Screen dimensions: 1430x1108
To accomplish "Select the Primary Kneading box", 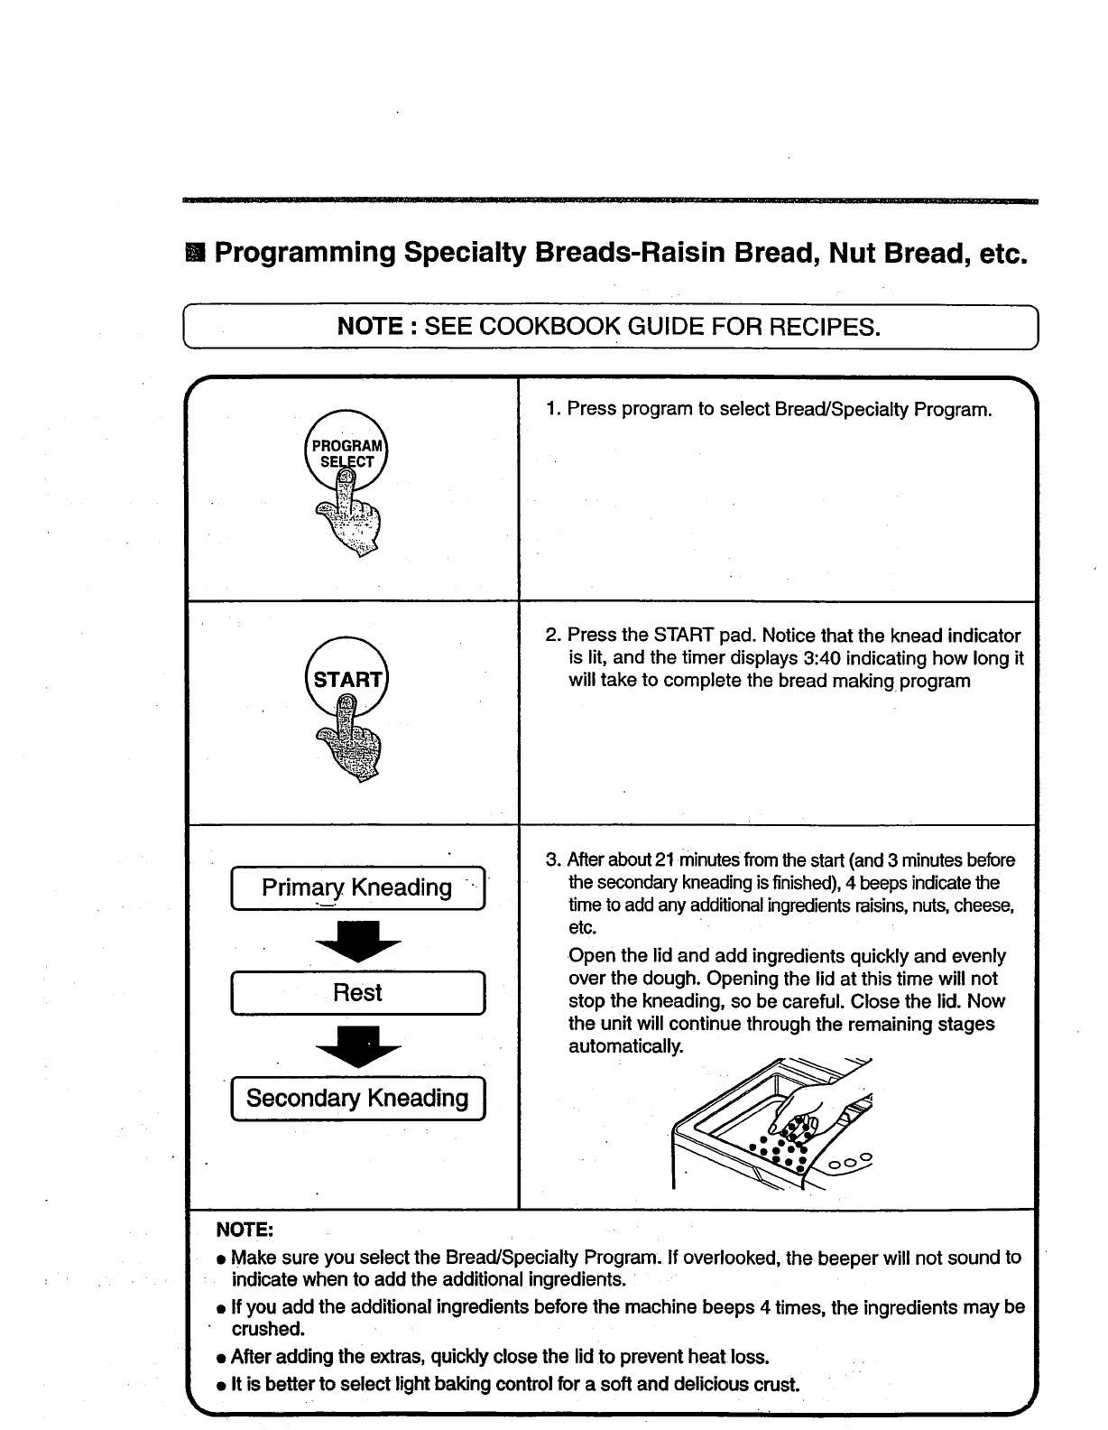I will tap(358, 888).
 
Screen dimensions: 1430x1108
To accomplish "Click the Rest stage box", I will tap(358, 993).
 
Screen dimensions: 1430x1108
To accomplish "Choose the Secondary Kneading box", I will tap(358, 1099).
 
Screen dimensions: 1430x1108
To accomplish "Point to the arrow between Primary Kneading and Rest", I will tap(357, 942).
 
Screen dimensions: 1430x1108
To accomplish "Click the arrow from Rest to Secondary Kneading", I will tap(357, 1046).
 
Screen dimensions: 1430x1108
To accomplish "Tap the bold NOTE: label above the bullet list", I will tap(245, 1230).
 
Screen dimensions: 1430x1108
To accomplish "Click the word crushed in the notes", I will tap(268, 1329).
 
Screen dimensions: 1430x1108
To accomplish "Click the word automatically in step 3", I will tap(626, 1046).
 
